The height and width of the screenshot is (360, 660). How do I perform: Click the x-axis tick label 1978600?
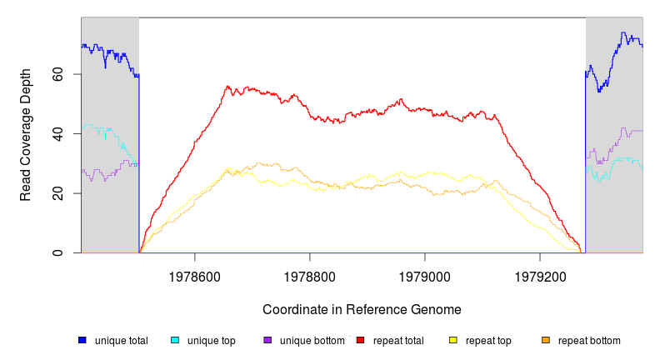coord(195,272)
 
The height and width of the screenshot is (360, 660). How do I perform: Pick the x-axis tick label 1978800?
coord(310,272)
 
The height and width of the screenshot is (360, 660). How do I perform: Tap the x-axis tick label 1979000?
coord(425,272)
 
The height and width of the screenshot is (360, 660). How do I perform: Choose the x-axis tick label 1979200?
coord(540,272)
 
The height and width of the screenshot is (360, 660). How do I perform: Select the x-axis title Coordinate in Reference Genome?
coord(362,309)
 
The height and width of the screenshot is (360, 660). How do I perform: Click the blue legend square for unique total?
coord(82,340)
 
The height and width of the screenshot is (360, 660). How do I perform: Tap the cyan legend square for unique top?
coord(175,340)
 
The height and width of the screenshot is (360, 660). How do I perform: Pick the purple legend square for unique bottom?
coord(267,340)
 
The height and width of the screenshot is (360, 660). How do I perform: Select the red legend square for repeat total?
coord(360,340)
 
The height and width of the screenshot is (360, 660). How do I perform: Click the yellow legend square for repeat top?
coord(453,340)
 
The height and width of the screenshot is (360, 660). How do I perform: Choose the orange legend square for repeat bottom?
coord(546,340)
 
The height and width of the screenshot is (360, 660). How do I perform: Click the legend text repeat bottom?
coord(589,341)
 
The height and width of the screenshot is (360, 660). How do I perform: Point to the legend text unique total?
coord(121,341)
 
